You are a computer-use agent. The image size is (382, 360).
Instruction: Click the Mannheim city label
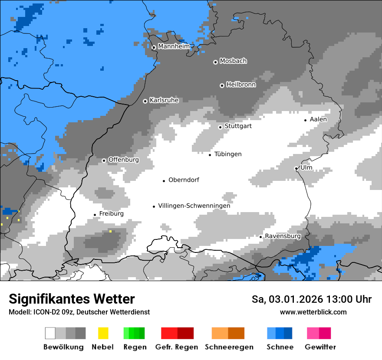coord(174,46)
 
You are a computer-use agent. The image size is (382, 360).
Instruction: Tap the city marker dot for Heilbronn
coord(222,85)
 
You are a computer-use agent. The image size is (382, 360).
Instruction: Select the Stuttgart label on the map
coord(238,126)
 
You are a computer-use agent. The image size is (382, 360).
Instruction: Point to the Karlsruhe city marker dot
coord(145,101)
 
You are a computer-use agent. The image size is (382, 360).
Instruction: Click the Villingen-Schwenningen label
coord(194,206)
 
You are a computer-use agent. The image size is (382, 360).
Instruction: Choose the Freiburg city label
coord(111,214)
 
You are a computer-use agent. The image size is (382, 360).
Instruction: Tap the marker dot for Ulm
coord(296,168)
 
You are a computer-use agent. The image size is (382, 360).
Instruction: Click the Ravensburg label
coord(283,236)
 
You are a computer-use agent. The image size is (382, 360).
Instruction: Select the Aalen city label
coord(318,119)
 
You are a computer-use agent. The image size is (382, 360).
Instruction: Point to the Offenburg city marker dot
coord(104,160)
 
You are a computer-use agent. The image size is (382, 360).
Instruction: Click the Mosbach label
coord(233,61)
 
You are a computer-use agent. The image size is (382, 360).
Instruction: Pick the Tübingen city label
coord(228,154)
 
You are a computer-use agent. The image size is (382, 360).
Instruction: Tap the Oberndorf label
coord(184,180)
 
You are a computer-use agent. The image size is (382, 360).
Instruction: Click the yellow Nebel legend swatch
coord(103,333)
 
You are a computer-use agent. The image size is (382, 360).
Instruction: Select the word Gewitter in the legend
coord(320,347)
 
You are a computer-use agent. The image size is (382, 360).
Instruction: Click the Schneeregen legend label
coord(229,347)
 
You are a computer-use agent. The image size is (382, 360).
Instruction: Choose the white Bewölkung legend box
coord(50,333)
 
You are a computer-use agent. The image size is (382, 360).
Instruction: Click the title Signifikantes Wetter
coord(72,299)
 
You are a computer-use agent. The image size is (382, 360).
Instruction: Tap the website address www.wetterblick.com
coord(313,312)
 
